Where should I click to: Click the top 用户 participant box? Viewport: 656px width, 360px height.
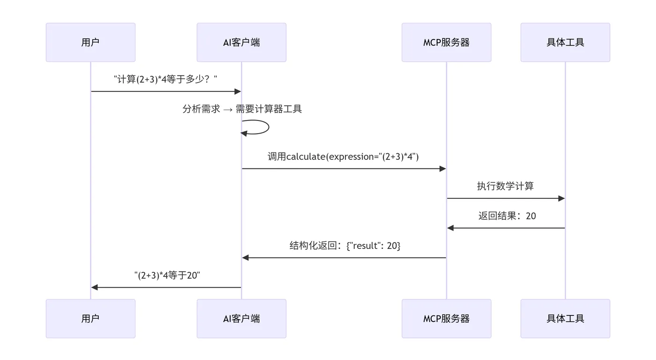(x=90, y=42)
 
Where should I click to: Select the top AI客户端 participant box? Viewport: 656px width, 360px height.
(x=241, y=42)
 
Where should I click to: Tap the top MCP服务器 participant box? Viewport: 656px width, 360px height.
(x=446, y=42)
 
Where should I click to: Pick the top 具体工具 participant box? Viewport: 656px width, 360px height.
(x=565, y=42)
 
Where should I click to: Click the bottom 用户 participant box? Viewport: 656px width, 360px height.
(x=90, y=318)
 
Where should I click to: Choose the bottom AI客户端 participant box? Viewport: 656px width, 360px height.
(x=241, y=318)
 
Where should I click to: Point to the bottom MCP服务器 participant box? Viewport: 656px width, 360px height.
(x=446, y=318)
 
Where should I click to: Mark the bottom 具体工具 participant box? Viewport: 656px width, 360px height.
(x=565, y=318)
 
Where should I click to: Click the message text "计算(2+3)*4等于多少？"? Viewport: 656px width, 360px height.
(x=166, y=79)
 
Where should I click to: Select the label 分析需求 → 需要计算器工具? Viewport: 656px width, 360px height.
(x=242, y=109)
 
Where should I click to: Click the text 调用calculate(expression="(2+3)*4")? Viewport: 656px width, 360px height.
(x=343, y=157)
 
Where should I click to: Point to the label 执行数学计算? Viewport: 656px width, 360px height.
(x=505, y=186)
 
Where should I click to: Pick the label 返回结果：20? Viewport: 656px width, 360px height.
(x=507, y=216)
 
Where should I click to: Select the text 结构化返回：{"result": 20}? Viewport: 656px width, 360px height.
(x=345, y=245)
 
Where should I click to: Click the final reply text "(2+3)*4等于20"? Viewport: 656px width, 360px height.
(x=167, y=275)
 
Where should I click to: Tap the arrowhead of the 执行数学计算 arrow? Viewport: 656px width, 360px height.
(x=561, y=198)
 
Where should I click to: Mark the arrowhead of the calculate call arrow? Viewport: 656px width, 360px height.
(x=442, y=169)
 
